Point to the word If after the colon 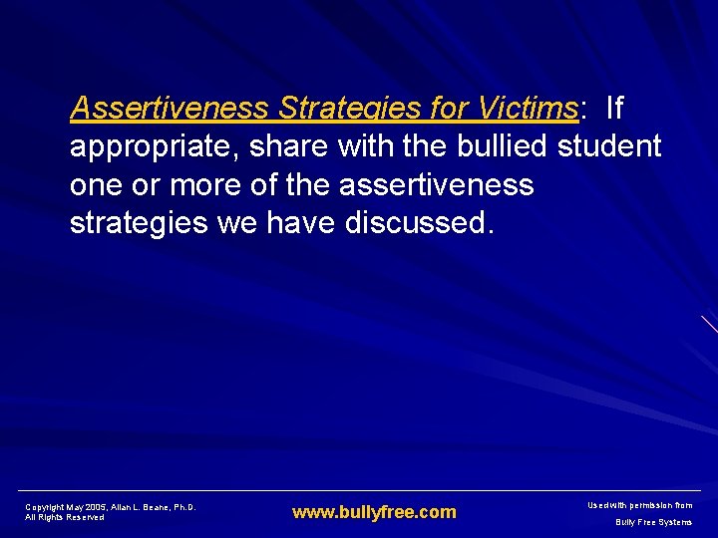click(613, 108)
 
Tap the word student click(609, 147)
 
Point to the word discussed click(419, 223)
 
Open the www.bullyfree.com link click(374, 512)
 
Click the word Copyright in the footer click(46, 507)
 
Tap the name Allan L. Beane click(144, 507)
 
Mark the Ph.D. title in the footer click(184, 507)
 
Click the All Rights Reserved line click(65, 517)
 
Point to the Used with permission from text click(640, 506)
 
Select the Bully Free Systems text click(653, 522)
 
